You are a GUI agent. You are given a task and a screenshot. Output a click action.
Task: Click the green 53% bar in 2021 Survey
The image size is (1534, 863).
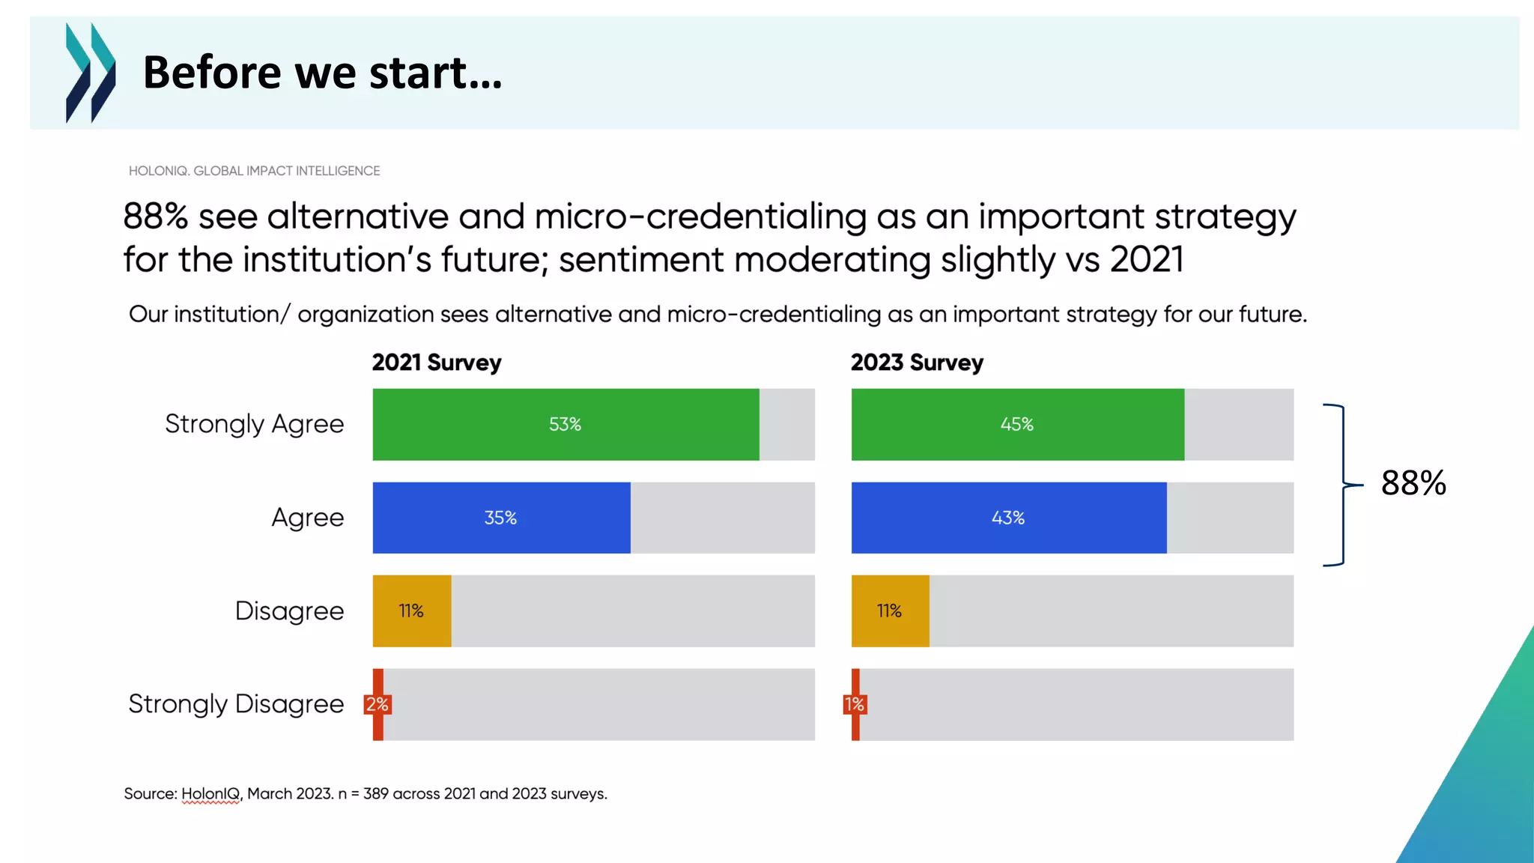pyautogui.click(x=566, y=424)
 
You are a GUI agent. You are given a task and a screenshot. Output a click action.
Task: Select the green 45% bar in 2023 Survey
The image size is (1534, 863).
pyautogui.click(x=1017, y=424)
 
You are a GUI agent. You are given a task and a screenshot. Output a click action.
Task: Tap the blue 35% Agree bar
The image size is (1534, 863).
pyautogui.click(x=501, y=518)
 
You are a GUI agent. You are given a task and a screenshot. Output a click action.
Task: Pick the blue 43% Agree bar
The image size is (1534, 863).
pyautogui.click(x=1008, y=518)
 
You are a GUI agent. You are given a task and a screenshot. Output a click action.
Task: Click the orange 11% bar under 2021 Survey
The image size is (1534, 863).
pyautogui.click(x=411, y=611)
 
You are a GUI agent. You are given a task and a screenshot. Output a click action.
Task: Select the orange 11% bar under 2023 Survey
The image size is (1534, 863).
pyautogui.click(x=890, y=611)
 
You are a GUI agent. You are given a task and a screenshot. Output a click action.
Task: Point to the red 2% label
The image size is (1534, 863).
pyautogui.click(x=378, y=704)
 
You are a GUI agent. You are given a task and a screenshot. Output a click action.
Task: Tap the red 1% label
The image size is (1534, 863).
pyautogui.click(x=855, y=704)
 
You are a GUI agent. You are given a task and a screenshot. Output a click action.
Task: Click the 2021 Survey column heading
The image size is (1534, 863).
pyautogui.click(x=437, y=363)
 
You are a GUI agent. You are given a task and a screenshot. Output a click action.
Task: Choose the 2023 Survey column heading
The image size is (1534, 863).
pyautogui.click(x=917, y=363)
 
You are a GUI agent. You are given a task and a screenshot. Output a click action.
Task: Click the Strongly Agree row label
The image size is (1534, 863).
pyautogui.click(x=254, y=424)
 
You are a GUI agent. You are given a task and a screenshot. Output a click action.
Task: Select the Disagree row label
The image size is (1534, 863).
pyautogui.click(x=289, y=611)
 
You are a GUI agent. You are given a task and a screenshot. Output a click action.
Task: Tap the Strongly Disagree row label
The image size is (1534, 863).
pyautogui.click(x=236, y=704)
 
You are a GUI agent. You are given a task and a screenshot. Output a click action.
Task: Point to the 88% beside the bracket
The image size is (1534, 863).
pyautogui.click(x=1413, y=483)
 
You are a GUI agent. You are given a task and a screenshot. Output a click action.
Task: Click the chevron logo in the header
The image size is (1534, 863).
pyautogui.click(x=91, y=73)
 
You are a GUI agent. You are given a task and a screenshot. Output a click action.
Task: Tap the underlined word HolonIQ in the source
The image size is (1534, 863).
pyautogui.click(x=210, y=794)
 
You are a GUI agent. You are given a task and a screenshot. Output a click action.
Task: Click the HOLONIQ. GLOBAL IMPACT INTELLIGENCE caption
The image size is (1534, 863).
pyautogui.click(x=254, y=171)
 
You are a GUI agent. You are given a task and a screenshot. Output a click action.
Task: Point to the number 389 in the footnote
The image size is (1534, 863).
pyautogui.click(x=375, y=794)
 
